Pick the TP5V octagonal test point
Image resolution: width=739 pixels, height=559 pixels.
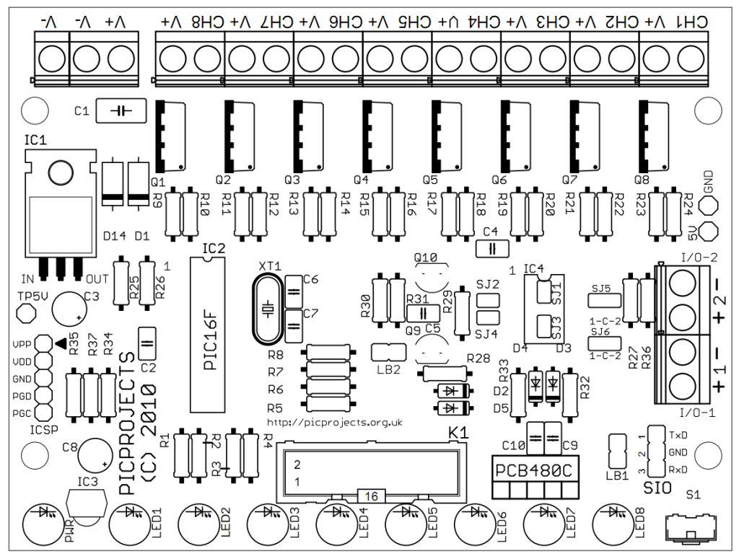pos(26,314)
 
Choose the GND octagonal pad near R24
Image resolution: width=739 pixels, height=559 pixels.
pos(709,206)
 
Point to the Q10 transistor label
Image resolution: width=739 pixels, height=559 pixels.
pos(426,258)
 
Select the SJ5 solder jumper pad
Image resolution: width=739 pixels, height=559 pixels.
pos(600,299)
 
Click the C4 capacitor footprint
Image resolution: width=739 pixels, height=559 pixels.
pos(493,247)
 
